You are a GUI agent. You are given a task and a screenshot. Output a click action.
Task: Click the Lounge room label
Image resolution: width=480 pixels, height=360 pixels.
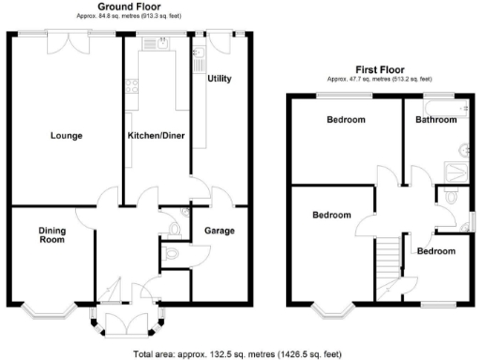coord(66,136)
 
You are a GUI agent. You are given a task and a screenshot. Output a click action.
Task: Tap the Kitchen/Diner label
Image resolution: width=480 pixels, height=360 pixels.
coord(156,136)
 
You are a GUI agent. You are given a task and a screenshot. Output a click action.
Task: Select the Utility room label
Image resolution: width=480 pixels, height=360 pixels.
coord(219,79)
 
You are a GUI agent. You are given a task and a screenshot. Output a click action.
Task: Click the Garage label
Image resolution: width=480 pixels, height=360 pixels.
coord(219,231)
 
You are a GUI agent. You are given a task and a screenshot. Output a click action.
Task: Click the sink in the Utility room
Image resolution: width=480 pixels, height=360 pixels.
coord(200,62)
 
